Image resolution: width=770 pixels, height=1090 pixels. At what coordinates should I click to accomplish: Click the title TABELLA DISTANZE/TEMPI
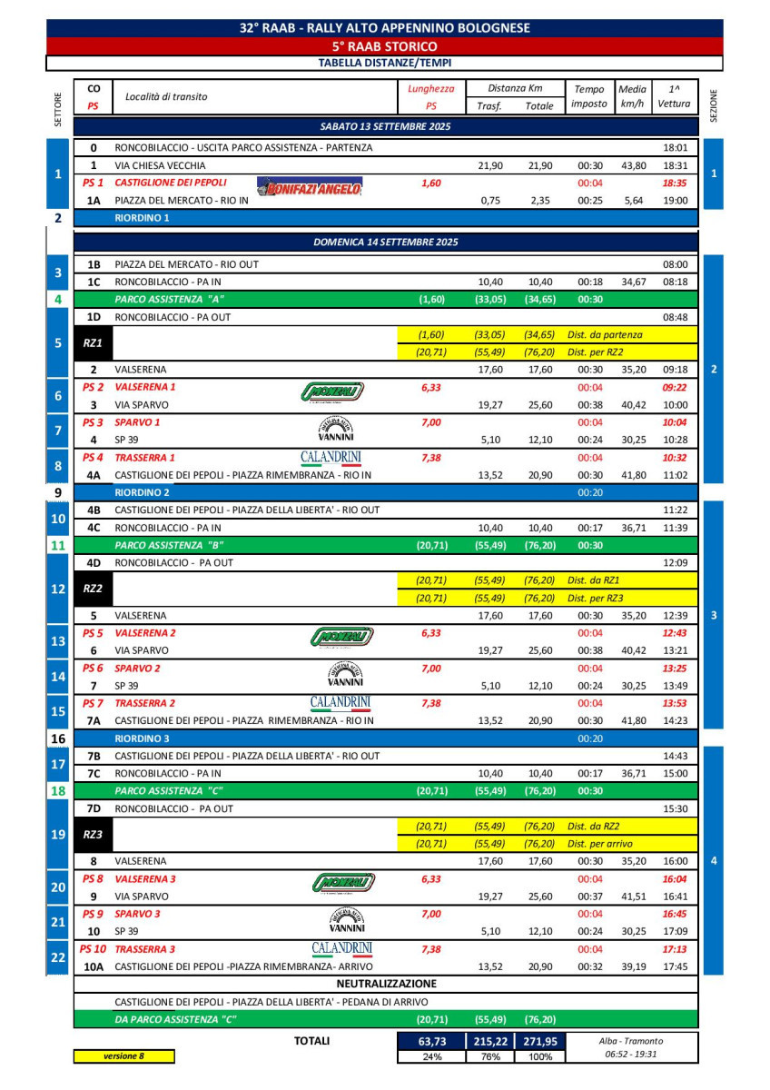(385, 63)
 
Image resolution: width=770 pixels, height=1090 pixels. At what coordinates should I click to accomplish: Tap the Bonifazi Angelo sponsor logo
(310, 188)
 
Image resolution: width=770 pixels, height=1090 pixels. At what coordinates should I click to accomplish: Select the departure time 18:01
(675, 147)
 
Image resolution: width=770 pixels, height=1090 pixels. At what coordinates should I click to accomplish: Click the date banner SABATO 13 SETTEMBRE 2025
(385, 126)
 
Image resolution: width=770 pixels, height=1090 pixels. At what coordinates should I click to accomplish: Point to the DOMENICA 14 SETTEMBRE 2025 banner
(385, 243)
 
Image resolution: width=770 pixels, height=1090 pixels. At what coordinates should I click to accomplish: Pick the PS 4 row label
(93, 457)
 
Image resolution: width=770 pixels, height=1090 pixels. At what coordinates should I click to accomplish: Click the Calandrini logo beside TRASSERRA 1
(331, 457)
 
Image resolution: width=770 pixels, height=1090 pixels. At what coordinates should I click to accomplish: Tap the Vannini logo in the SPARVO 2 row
(345, 674)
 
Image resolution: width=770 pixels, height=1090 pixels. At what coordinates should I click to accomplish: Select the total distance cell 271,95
(538, 1041)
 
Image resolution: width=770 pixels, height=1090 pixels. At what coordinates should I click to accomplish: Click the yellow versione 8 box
(124, 1055)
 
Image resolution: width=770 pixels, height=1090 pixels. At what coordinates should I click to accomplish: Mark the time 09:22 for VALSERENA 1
(675, 387)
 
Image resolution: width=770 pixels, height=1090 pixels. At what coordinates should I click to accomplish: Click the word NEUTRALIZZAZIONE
(386, 984)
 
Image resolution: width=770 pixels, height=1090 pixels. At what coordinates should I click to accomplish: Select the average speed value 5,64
(632, 201)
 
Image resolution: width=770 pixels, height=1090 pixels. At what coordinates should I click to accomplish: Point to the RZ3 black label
(93, 835)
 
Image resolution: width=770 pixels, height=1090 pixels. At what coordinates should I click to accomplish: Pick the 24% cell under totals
(432, 1056)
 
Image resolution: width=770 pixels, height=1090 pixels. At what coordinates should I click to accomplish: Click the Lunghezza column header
(431, 89)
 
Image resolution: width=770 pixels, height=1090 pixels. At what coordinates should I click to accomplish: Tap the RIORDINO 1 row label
(143, 218)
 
